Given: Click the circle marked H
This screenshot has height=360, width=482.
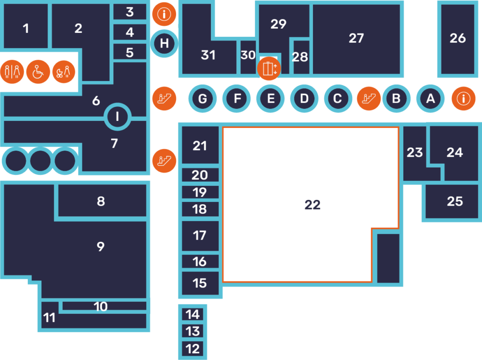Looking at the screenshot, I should [164, 44].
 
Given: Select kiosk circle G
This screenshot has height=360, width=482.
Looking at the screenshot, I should [202, 99].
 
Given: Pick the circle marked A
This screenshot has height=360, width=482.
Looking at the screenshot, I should [430, 99].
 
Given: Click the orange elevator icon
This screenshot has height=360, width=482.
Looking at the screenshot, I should [269, 69].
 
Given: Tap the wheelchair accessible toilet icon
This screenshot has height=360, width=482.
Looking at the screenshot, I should [38, 72].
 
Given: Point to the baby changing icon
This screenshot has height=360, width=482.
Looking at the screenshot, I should [64, 72].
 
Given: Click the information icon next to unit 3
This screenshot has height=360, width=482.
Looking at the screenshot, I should [164, 14].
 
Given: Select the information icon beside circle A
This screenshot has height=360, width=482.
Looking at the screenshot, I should [464, 99].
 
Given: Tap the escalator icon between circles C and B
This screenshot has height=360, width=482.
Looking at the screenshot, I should [369, 99].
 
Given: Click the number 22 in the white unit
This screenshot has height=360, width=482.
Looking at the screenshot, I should [313, 205].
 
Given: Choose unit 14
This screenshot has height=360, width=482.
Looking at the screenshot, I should [193, 314].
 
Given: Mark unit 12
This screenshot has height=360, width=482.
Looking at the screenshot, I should [193, 349].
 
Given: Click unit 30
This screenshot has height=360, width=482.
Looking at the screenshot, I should [248, 56].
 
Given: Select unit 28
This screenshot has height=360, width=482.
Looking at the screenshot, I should [300, 57].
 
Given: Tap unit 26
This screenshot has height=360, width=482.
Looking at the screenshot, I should [458, 39].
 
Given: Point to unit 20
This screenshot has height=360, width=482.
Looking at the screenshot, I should [200, 175].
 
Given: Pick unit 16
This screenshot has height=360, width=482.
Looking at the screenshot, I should [200, 261].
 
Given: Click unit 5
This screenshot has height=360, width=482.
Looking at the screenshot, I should [130, 52].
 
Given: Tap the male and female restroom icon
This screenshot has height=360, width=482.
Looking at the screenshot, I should [13, 72].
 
